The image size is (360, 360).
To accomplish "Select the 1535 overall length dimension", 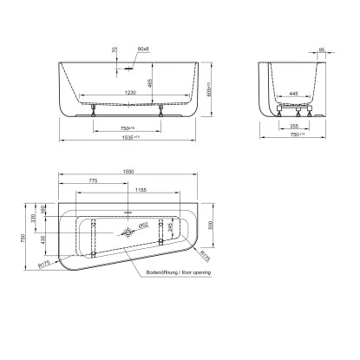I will [x=130, y=136].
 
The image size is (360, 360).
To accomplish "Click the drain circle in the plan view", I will [x=128, y=233].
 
